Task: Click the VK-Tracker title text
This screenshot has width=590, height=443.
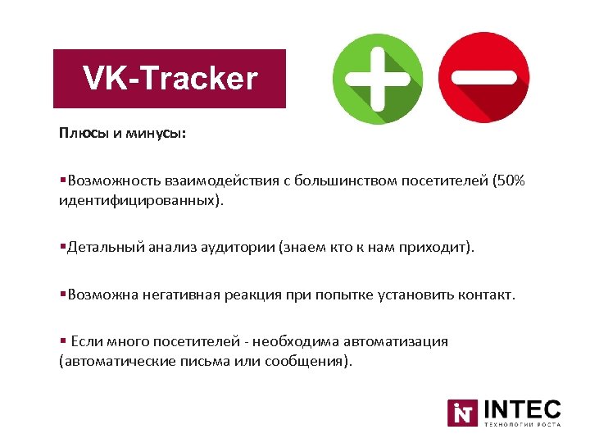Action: point(170,79)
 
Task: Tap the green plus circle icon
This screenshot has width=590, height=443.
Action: point(378,79)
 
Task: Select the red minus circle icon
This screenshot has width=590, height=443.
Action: point(483,79)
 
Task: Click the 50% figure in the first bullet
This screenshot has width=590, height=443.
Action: point(512,180)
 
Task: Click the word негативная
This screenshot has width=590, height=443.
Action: point(170,295)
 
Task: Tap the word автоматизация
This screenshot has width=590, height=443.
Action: point(397,341)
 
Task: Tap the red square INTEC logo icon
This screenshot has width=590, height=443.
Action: point(463,413)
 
